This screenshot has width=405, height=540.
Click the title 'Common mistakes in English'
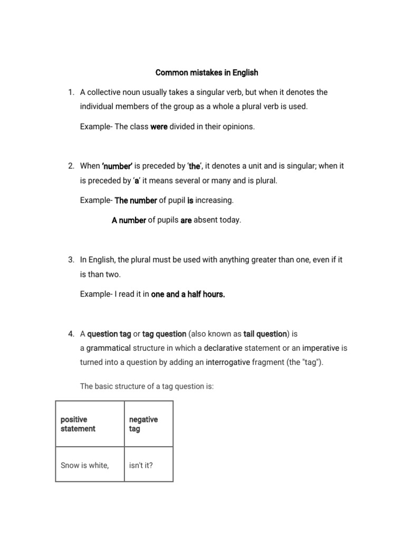coord(207,72)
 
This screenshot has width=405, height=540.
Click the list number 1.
coord(71,92)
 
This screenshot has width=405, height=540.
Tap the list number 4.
coord(71,334)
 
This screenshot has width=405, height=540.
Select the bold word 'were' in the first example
coord(159,127)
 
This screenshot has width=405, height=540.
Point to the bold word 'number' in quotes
coord(116,166)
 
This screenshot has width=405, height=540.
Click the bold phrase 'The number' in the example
coord(136,200)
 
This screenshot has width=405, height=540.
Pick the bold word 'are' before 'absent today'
coord(186,220)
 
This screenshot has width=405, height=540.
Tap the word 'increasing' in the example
coord(214,200)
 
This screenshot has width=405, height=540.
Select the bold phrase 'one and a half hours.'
coord(188,294)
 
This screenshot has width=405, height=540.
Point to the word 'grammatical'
coord(108,348)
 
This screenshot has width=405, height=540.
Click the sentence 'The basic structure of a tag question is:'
coord(147,386)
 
